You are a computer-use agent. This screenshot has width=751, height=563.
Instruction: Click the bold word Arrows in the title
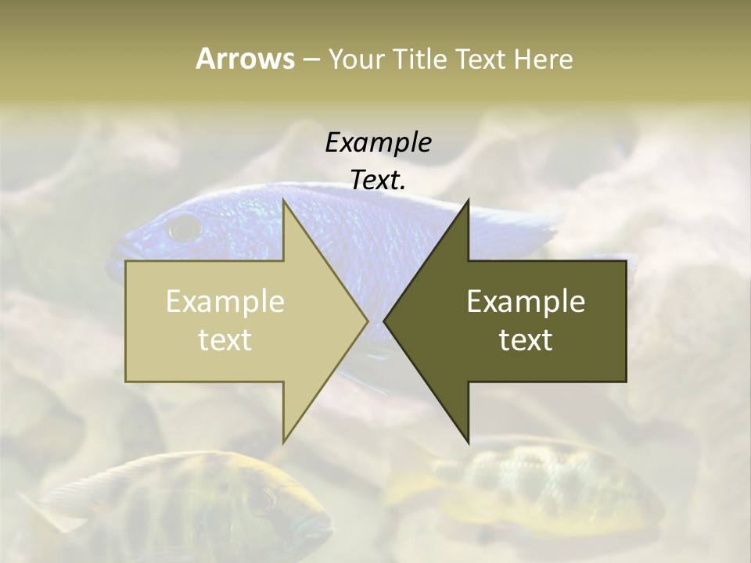pos(245,59)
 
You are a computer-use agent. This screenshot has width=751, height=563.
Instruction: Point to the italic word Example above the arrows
pos(378,143)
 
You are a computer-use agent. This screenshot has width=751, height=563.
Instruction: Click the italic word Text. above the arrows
pos(378,181)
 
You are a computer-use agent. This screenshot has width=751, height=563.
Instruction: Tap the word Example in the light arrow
pos(225,302)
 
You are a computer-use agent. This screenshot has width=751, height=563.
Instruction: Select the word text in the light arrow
pos(225,340)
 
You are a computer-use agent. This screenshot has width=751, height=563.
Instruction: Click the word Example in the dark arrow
pos(526,302)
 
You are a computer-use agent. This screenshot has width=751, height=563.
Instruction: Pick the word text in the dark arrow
pos(526,340)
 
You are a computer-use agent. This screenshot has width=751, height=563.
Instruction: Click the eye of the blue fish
pos(185,228)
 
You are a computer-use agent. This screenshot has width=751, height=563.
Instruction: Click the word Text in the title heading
pos(483,59)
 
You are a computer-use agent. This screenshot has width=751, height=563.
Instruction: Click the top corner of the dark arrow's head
pos(468,200)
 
